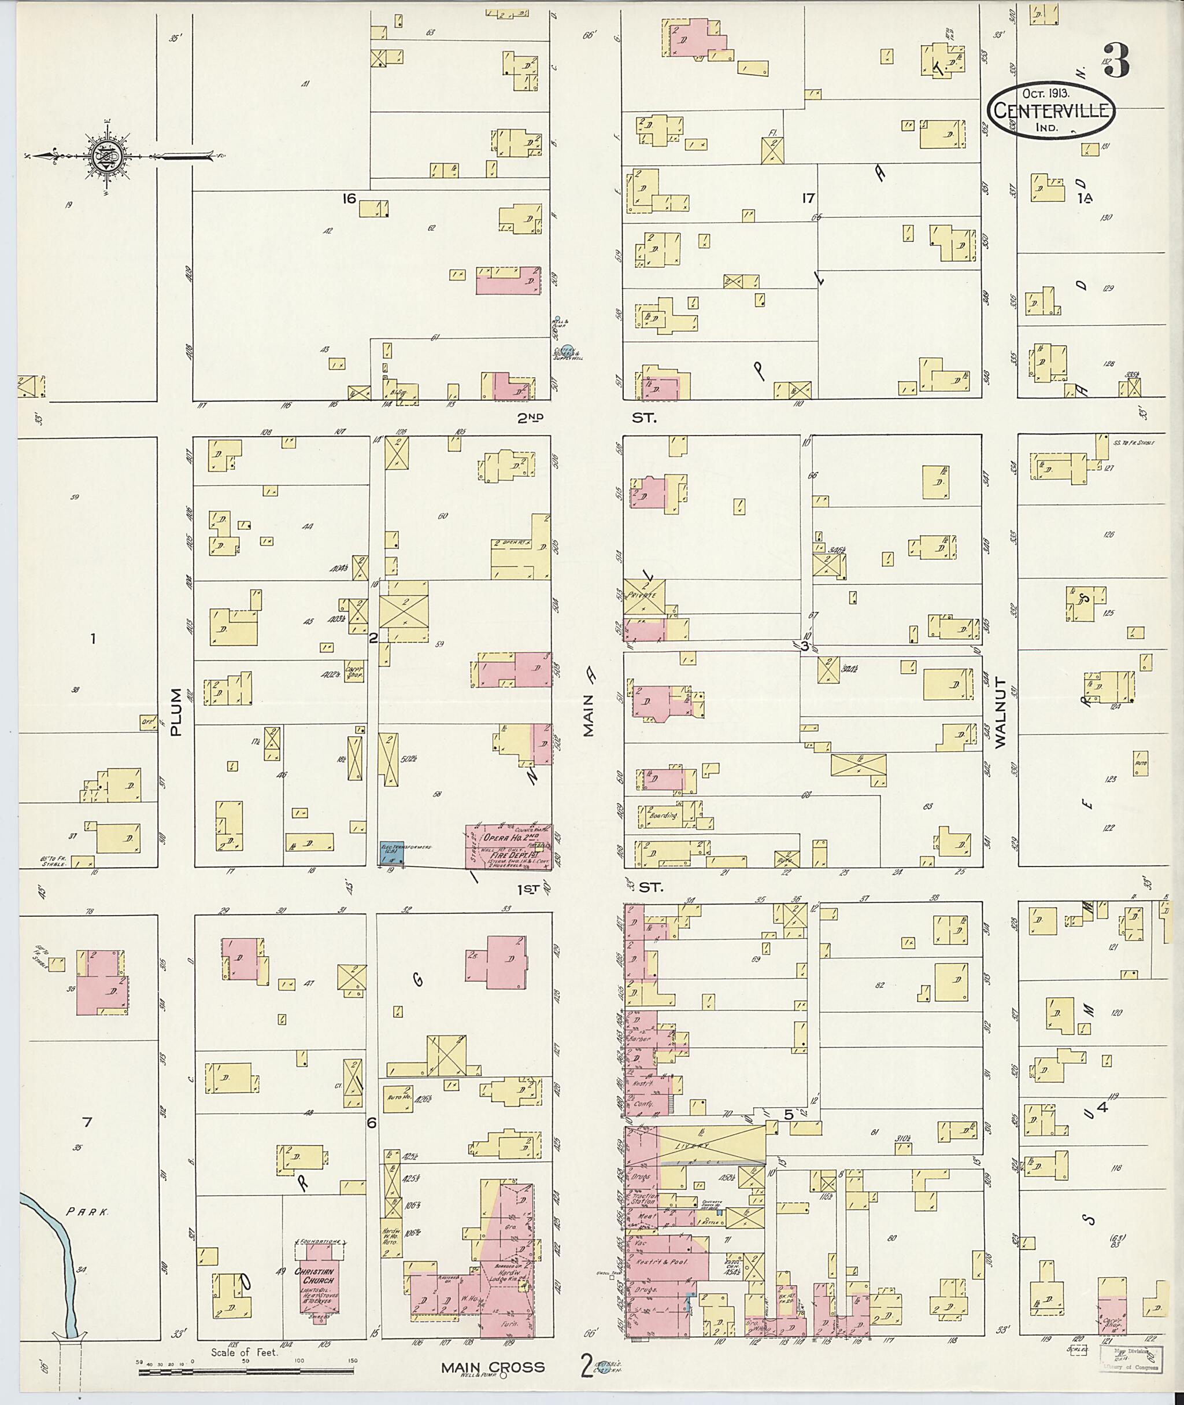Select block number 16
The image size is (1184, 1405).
349,198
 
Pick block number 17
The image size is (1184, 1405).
808,198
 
